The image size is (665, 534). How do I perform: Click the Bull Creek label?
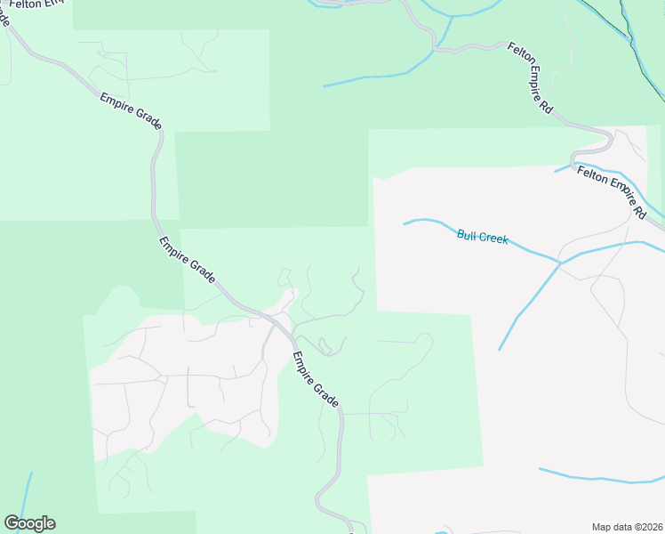tap(483, 237)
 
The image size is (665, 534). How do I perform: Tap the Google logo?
tap(29, 523)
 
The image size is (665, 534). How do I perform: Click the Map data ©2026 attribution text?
tap(627, 527)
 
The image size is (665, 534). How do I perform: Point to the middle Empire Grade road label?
tap(188, 260)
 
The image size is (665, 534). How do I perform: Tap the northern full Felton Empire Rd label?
tap(531, 77)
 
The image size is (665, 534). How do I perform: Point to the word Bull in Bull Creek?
tap(467, 235)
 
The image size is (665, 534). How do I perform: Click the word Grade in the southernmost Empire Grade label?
tap(326, 393)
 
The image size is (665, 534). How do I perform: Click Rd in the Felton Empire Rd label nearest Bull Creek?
tap(640, 214)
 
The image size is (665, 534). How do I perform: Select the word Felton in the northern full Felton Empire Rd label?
tap(517, 57)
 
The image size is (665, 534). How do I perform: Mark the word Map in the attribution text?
tap(602, 527)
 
